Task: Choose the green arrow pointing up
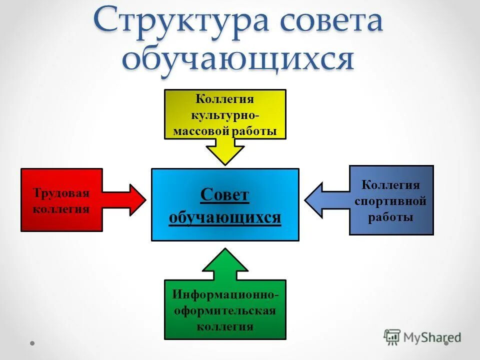pyautogui.click(x=225, y=263)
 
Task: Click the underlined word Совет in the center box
pyautogui.click(x=224, y=195)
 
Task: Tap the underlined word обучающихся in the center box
pyautogui.click(x=224, y=218)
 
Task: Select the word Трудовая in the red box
pyautogui.click(x=61, y=193)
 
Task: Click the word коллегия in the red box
pyautogui.click(x=61, y=208)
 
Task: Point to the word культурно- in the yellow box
pyautogui.click(x=224, y=115)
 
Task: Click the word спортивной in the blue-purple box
pyautogui.click(x=390, y=201)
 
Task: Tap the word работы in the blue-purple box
pyautogui.click(x=390, y=217)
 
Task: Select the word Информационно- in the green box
pyautogui.click(x=225, y=294)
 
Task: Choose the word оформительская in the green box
pyautogui.click(x=225, y=310)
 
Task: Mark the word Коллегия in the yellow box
pyautogui.click(x=224, y=99)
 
